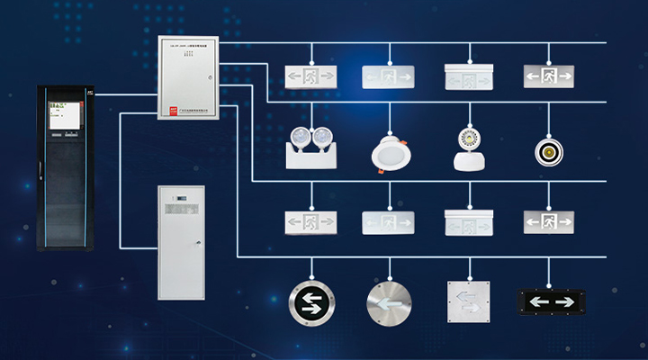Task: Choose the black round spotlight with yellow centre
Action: point(547,148)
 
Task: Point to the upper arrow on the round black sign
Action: point(310,296)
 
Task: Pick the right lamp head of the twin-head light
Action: point(321,137)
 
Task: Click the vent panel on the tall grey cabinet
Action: point(181,199)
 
